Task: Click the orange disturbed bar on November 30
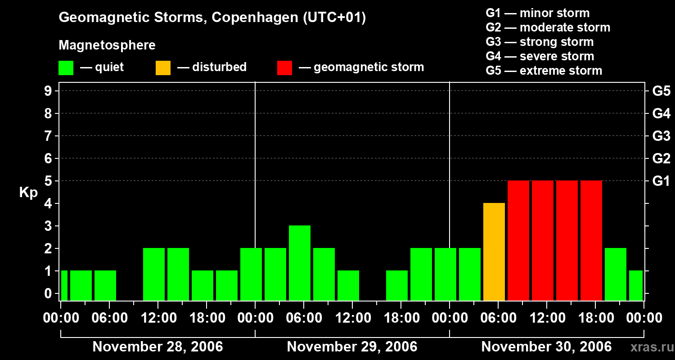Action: point(494,252)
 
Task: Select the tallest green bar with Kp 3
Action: point(299,263)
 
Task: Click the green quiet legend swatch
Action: point(66,68)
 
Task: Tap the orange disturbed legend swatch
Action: point(163,68)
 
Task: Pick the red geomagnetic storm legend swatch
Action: point(285,68)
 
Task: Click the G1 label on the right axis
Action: point(661,181)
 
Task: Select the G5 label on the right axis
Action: point(661,91)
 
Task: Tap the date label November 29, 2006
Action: point(352,347)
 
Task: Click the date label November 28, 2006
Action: point(157,347)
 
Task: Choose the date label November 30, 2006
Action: point(546,347)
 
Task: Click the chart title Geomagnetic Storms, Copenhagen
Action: point(212,18)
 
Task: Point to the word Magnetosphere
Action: point(107,45)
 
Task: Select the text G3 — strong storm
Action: point(540,42)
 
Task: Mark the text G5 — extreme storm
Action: point(544,71)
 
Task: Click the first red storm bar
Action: point(518,240)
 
